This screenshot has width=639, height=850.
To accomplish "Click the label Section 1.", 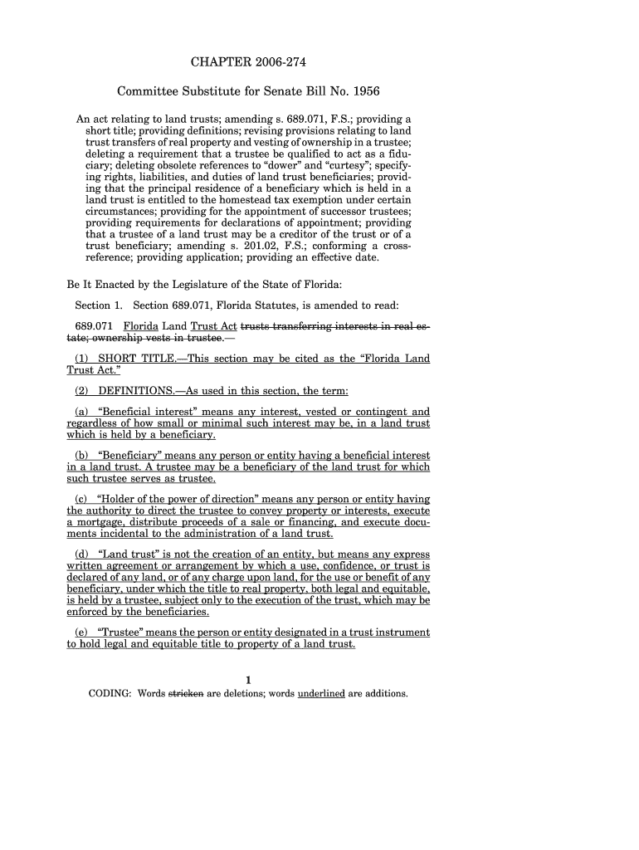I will pos(99,305).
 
